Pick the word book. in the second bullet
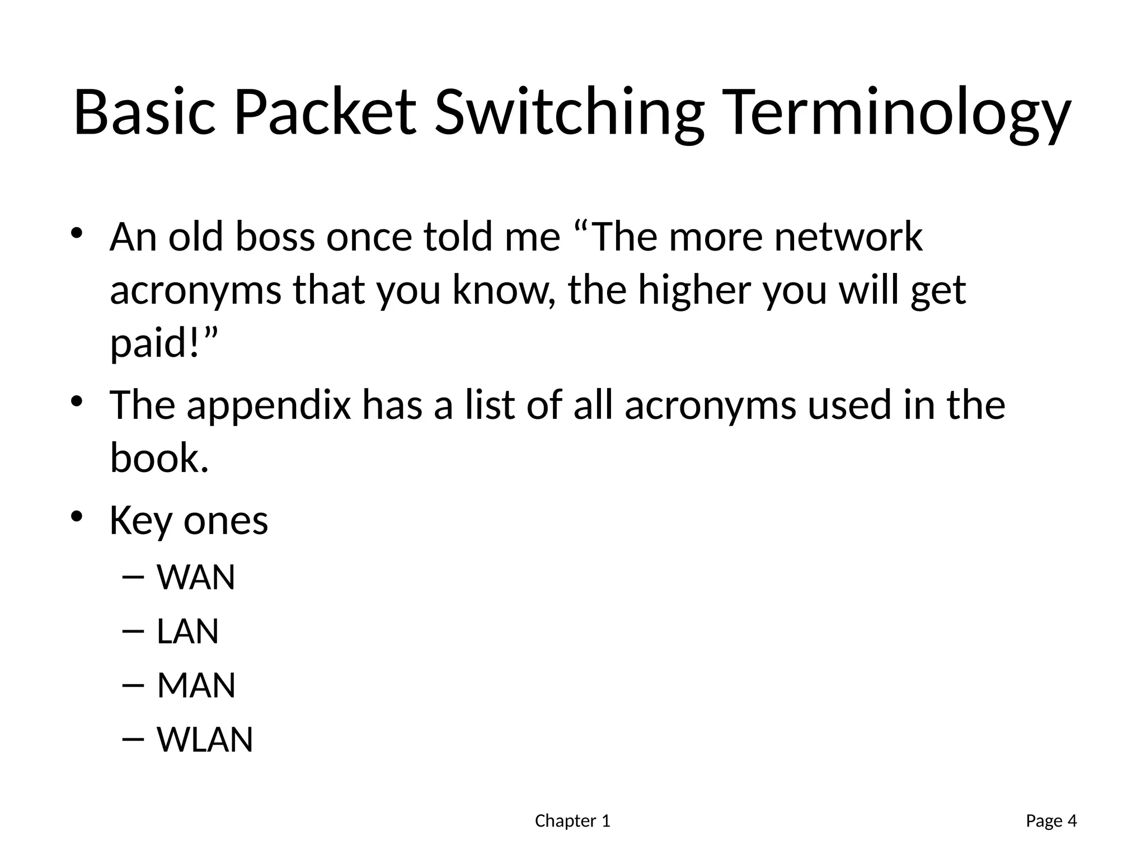pyautogui.click(x=159, y=458)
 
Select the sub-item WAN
pyautogui.click(x=196, y=578)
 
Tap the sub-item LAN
pyautogui.click(x=187, y=632)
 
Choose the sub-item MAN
pyautogui.click(x=196, y=686)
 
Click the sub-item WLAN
pyautogui.click(x=205, y=740)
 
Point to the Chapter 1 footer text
pyautogui.click(x=572, y=821)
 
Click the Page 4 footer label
pyautogui.click(x=1051, y=821)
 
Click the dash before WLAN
pyautogui.click(x=132, y=740)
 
